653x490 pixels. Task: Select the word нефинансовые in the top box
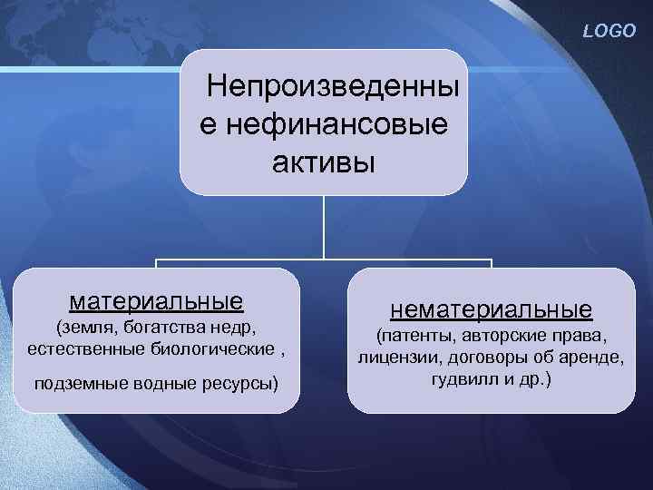pyautogui.click(x=335, y=123)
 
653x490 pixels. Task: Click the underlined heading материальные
pyautogui.click(x=156, y=299)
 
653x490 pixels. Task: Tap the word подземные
pyautogui.click(x=73, y=383)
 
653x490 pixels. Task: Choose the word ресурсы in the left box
pyautogui.click(x=240, y=383)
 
